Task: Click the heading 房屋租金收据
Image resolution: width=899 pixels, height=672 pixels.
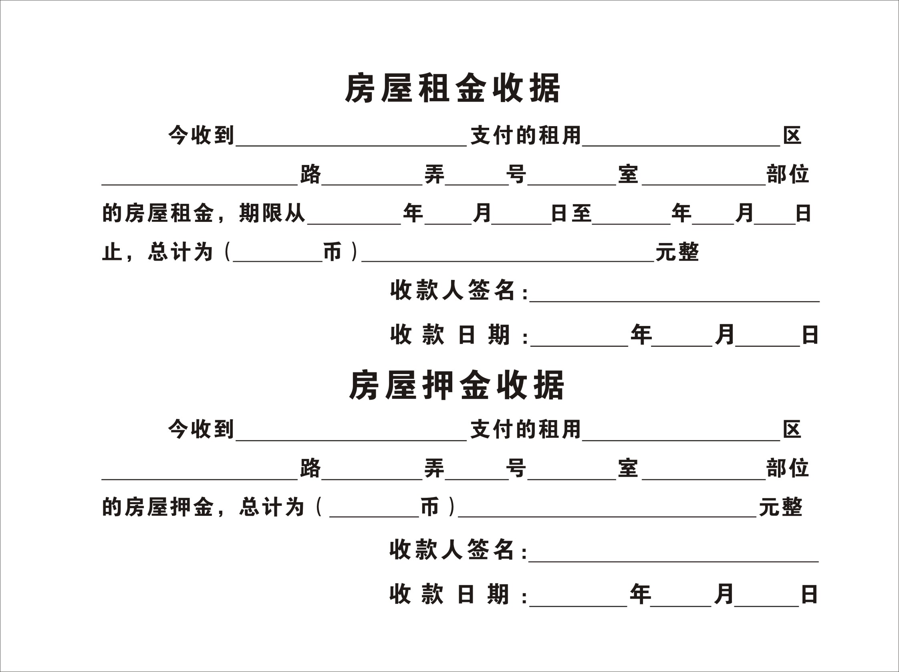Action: click(452, 88)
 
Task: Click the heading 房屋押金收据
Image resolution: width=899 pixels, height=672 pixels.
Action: click(456, 385)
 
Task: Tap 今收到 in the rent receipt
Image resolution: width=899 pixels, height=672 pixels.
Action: click(201, 135)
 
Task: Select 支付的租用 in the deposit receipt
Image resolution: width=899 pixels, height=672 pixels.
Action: click(526, 429)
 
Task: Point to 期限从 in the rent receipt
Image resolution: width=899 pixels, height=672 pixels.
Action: click(272, 213)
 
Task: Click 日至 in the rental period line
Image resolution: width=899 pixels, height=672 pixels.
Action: click(570, 213)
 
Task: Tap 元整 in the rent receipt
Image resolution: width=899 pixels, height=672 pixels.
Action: click(677, 252)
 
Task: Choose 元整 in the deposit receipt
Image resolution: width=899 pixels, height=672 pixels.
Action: click(780, 507)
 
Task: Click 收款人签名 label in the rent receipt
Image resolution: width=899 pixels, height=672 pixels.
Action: click(453, 290)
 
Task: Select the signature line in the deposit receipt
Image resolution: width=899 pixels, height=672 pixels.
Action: click(673, 561)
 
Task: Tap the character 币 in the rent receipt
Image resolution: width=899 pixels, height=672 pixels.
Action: click(332, 252)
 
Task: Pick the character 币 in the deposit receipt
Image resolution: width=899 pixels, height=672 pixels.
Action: click(429, 507)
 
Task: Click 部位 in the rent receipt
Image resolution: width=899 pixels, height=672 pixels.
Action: click(787, 174)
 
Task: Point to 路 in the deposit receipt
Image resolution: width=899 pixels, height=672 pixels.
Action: click(310, 468)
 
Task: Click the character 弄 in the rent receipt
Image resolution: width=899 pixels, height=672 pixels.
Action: click(434, 174)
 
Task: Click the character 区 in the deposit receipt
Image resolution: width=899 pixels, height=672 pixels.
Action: click(792, 429)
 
